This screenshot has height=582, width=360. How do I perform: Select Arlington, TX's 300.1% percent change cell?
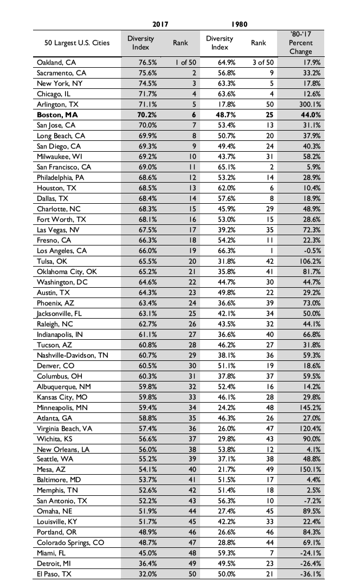tap(311, 104)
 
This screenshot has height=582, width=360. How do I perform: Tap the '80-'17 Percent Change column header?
tap(300, 43)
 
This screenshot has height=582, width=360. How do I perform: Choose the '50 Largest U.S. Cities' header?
tap(76, 43)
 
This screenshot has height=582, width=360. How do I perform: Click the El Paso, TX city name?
tap(54, 574)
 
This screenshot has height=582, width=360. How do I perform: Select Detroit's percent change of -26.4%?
tap(312, 564)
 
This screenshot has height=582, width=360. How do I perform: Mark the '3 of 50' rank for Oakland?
tap(263, 62)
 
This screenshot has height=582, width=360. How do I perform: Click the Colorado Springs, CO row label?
tap(70, 542)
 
